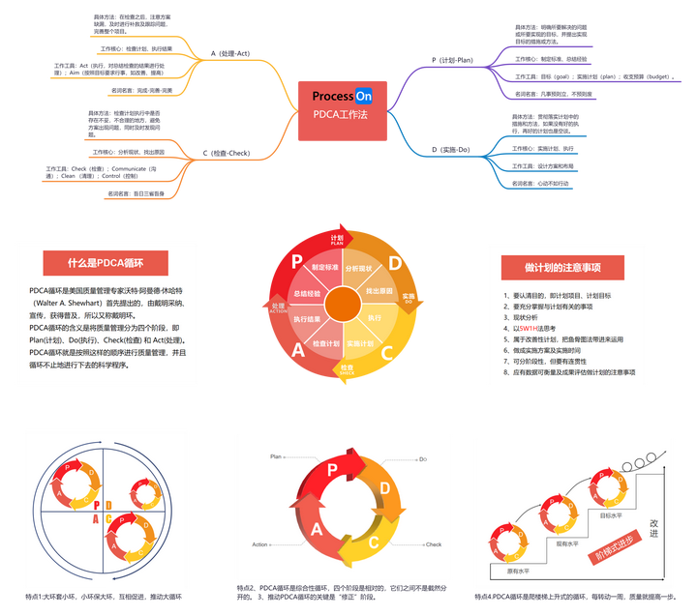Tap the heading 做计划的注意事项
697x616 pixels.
point(562,267)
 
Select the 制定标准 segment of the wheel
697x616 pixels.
point(325,267)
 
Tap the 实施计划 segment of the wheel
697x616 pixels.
point(360,343)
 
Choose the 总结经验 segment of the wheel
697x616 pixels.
point(306,291)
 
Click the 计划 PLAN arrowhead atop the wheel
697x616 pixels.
point(338,239)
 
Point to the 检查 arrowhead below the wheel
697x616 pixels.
point(346,370)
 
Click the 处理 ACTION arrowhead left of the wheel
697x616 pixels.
point(280,307)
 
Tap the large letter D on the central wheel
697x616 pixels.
point(395,263)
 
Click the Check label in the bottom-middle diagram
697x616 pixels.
point(433,544)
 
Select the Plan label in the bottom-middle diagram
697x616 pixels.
point(275,455)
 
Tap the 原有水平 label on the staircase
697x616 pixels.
point(519,571)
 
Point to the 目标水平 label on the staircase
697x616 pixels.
point(612,515)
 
